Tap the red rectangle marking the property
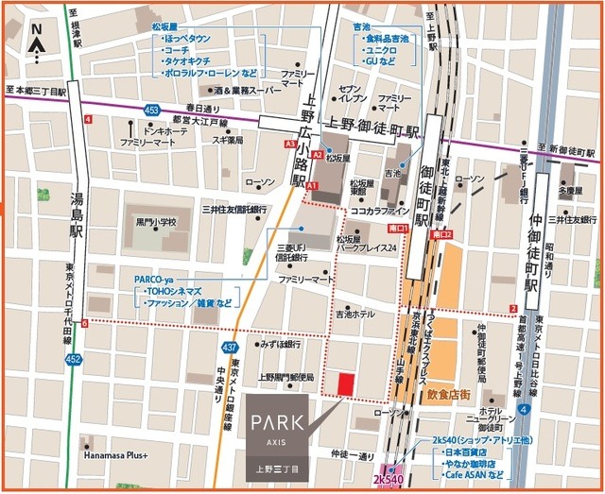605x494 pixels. pos(346,384)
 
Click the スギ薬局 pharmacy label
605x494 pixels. pos(228,141)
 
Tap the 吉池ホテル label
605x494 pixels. pos(354,313)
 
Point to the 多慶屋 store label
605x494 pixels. pos(570,190)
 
